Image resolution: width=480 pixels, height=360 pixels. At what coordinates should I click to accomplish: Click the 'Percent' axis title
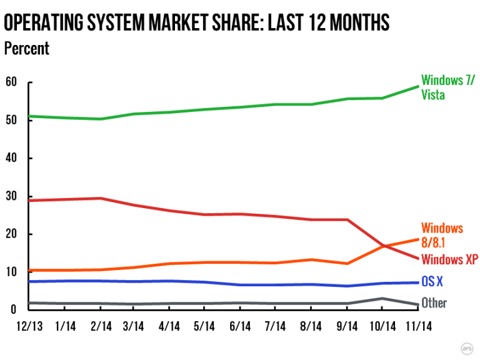pyautogui.click(x=26, y=48)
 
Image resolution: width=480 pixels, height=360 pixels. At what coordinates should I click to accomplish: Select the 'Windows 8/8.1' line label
pyautogui.click(x=442, y=235)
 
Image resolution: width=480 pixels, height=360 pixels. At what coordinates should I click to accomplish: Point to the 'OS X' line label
pyautogui.click(x=431, y=282)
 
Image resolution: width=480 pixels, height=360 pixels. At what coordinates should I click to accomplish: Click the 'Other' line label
pyautogui.click(x=434, y=303)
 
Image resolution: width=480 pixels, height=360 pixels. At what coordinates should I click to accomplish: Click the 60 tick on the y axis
pyautogui.click(x=10, y=82)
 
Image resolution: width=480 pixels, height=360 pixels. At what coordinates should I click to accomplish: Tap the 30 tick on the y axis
pyautogui.click(x=10, y=196)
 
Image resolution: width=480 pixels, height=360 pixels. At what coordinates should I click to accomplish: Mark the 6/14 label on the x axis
pyautogui.click(x=241, y=326)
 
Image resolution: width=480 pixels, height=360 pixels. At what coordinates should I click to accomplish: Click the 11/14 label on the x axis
pyautogui.click(x=417, y=326)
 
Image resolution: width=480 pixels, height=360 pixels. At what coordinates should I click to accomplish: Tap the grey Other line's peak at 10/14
pyautogui.click(x=382, y=298)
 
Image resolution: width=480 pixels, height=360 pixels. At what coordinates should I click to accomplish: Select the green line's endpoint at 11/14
pyautogui.click(x=417, y=87)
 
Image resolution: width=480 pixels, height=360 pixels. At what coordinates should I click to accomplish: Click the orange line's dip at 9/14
pyautogui.click(x=347, y=264)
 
